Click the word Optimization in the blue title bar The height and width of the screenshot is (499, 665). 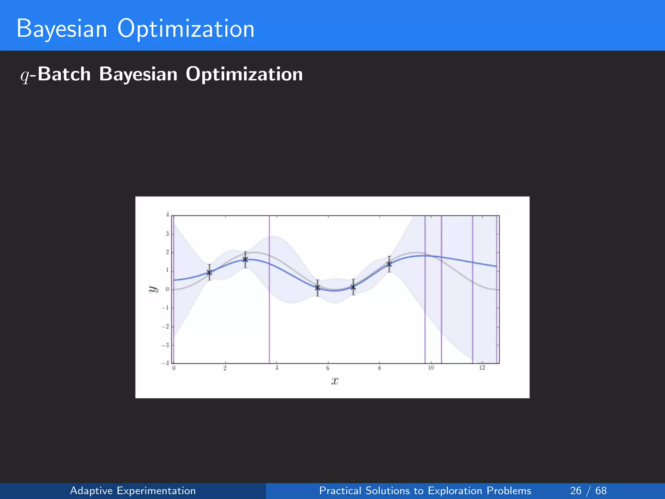pyautogui.click(x=186, y=29)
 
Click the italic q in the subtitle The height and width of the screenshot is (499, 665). pyautogui.click(x=25, y=75)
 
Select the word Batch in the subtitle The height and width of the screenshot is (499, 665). pyautogui.click(x=64, y=74)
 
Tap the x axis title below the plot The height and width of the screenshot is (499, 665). pyautogui.click(x=335, y=381)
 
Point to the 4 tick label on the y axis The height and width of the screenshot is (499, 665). pyautogui.click(x=167, y=215)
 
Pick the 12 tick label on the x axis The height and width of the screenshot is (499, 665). pyautogui.click(x=482, y=368)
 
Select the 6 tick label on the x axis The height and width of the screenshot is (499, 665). pyautogui.click(x=328, y=368)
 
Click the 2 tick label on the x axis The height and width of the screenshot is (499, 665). pyautogui.click(x=225, y=368)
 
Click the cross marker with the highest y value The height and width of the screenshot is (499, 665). pyautogui.click(x=245, y=260)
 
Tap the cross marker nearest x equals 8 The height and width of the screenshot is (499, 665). pyautogui.click(x=389, y=264)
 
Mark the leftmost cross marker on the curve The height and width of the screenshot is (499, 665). pyautogui.click(x=209, y=272)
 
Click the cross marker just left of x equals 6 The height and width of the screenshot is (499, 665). pyautogui.click(x=318, y=288)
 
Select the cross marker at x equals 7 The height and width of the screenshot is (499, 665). pyautogui.click(x=353, y=287)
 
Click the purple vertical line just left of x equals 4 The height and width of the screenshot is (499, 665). pyautogui.click(x=269, y=309)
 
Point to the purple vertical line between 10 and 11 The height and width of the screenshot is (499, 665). pyautogui.click(x=441, y=309)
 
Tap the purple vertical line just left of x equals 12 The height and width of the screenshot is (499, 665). pyautogui.click(x=472, y=309)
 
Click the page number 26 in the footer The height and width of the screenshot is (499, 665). pyautogui.click(x=576, y=491)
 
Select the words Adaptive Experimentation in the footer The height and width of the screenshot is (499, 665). pyautogui.click(x=133, y=491)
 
